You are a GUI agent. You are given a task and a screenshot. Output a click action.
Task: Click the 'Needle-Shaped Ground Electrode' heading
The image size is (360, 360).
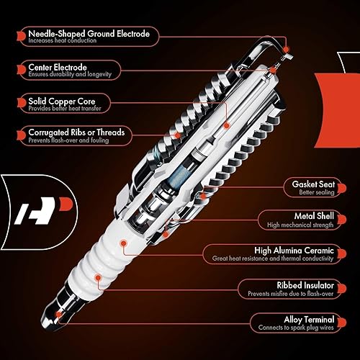[89, 33]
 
